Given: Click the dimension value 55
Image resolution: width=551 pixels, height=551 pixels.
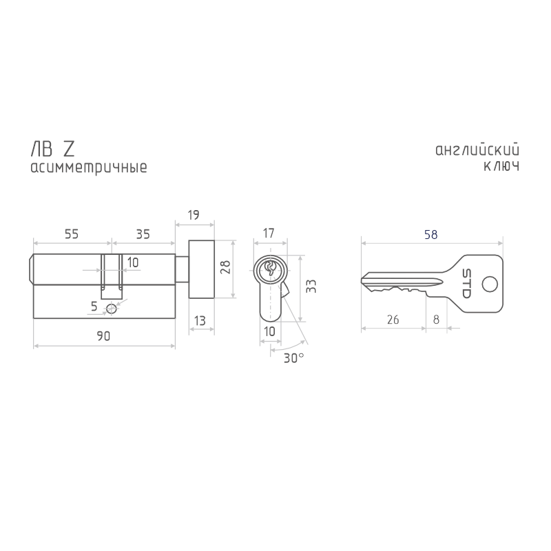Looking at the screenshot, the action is point(72,234).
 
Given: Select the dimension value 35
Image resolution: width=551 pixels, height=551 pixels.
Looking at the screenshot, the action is point(143,234).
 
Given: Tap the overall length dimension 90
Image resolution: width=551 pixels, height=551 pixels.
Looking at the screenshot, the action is point(103,336).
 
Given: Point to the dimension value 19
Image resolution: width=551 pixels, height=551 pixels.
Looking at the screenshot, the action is point(194,215).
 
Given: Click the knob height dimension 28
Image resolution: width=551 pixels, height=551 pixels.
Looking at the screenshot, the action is point(225,267).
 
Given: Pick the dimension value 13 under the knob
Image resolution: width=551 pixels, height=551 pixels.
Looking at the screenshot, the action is point(200,321).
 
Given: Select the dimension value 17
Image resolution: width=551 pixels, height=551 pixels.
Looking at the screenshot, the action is point(269,233).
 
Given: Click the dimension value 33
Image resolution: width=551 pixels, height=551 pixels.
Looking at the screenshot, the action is point(311,286).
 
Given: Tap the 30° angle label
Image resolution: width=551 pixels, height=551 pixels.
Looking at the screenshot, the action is point(294,358).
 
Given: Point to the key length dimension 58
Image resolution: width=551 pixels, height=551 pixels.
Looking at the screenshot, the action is point(431,234).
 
